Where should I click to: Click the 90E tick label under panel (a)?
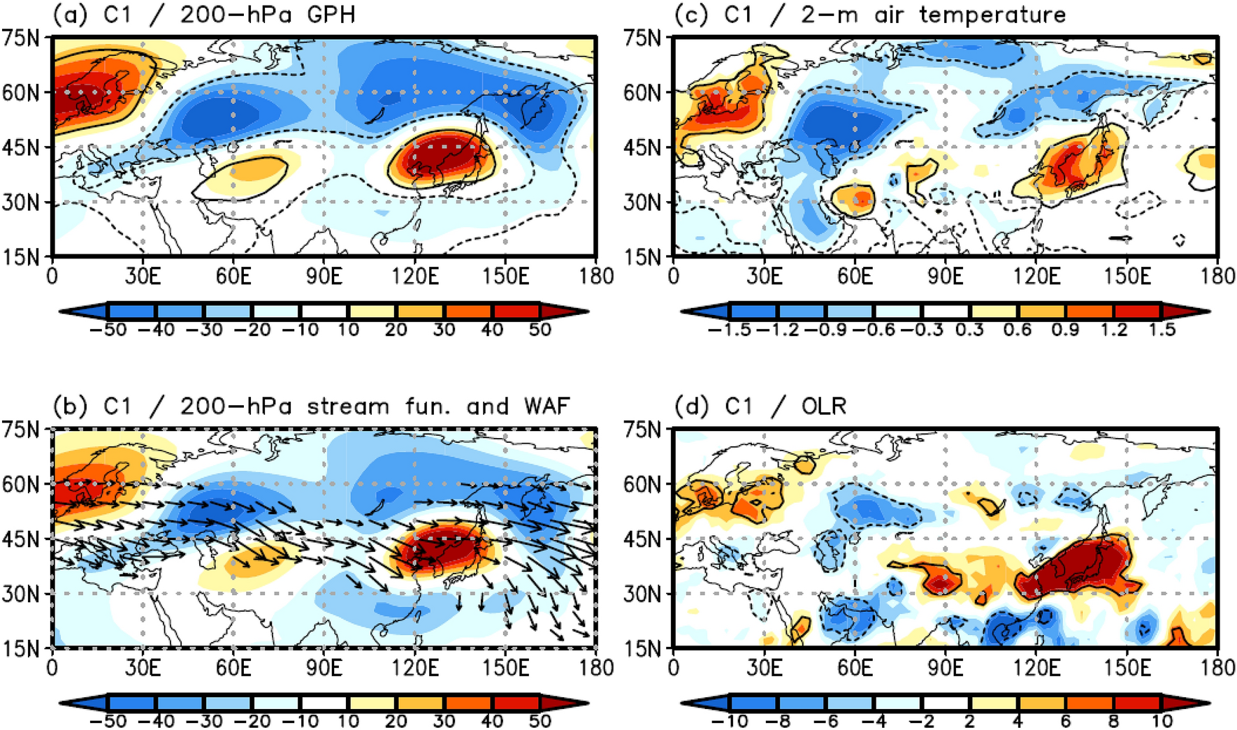pos(324,276)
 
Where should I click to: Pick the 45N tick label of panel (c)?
pos(642,147)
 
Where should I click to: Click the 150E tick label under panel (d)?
pos(1127,667)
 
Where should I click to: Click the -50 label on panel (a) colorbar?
pos(108,330)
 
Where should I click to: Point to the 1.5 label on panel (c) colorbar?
pos(1162,330)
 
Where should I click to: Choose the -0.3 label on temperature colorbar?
pos(922,330)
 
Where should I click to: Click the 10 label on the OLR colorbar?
pos(1162,721)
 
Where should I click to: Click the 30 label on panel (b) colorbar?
pos(444,721)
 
